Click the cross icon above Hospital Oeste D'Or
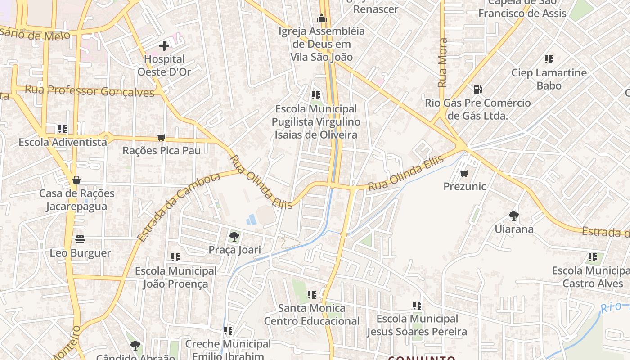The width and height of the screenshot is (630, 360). pos(164,46)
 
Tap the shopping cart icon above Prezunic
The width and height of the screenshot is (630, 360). pos(464,173)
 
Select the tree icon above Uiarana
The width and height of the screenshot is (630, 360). pos(513,216)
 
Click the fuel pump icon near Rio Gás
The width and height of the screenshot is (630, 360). pos(478,90)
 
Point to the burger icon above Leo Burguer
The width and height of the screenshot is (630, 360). pos(80,239)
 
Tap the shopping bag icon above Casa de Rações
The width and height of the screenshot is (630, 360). pos(76,180)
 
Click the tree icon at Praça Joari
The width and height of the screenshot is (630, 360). pos(234,237)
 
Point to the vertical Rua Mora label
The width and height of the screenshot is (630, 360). pos(443,63)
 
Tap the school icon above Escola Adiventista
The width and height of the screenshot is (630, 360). pos(63,129)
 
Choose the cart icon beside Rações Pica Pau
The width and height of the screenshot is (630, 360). pos(162,137)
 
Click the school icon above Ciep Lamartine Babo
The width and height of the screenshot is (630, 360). pos(549,59)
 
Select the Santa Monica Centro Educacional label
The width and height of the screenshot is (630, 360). pos(311,315)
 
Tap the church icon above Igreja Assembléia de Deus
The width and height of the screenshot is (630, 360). pos(321,18)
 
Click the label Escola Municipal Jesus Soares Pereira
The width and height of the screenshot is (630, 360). pos(417,325)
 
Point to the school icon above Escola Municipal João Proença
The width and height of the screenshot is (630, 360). pos(175,257)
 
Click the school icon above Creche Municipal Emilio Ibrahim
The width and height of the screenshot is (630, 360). pos(228,331)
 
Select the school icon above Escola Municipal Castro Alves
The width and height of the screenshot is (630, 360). pos(593,257)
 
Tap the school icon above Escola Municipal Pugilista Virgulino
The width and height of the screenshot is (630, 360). pos(316,95)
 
